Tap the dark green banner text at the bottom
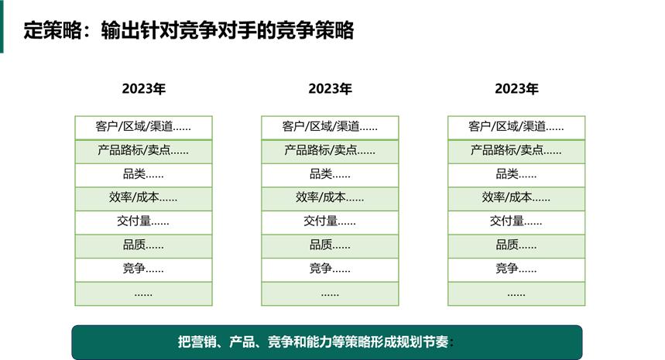click(x=316, y=342)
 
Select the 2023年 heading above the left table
click(x=143, y=88)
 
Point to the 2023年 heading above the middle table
click(x=330, y=88)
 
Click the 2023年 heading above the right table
click(x=516, y=88)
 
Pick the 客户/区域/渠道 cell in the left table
click(x=143, y=127)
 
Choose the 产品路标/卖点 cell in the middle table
click(x=330, y=151)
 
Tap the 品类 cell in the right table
click(x=516, y=174)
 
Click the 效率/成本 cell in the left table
click(x=143, y=198)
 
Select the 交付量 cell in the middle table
click(x=330, y=221)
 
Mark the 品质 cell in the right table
click(x=516, y=245)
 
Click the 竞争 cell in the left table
click(x=143, y=269)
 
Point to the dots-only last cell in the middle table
click(x=330, y=293)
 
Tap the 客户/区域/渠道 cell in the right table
click(x=516, y=127)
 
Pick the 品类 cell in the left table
click(x=143, y=174)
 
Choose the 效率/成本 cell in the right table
click(x=516, y=198)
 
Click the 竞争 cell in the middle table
click(x=330, y=269)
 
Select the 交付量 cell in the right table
click(x=516, y=221)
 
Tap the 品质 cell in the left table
click(x=143, y=245)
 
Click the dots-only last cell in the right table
click(x=516, y=293)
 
